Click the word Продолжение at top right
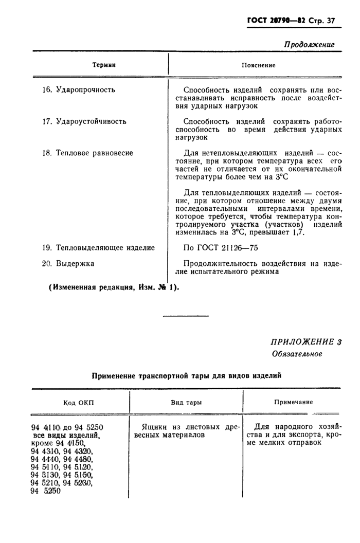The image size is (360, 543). pos(309,44)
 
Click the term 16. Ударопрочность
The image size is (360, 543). pos(78,89)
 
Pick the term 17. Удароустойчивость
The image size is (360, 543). pos(84,121)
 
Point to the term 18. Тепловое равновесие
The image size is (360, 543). pos(87,153)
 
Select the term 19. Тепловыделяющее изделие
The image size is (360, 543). pos(98,247)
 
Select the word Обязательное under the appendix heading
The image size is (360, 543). pos(297,354)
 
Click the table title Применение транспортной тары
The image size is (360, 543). pos(186,376)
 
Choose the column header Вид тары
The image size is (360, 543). pos(186,402)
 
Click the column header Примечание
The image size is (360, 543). pos(293,402)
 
